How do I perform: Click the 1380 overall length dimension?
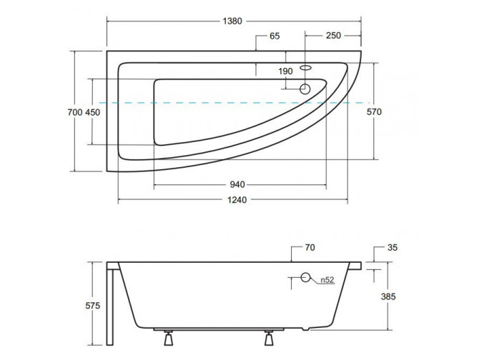click(x=232, y=21)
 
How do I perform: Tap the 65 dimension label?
click(x=275, y=36)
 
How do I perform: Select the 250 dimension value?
click(x=333, y=36)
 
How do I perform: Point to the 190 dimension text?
click(x=285, y=71)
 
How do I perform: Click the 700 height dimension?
click(x=75, y=112)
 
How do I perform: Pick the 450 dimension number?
click(x=92, y=112)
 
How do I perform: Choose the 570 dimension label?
click(x=374, y=112)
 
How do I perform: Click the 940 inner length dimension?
click(x=237, y=184)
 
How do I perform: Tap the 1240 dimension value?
click(x=237, y=200)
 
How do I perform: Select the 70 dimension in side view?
click(x=310, y=247)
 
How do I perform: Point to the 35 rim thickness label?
click(x=392, y=247)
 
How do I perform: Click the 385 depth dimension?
click(x=388, y=296)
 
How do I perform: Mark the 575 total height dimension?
click(x=92, y=306)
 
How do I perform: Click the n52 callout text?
click(x=327, y=280)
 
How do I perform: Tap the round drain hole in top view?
click(x=305, y=89)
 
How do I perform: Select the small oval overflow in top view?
click(x=305, y=67)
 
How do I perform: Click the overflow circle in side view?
click(x=305, y=277)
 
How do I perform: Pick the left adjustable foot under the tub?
click(x=168, y=337)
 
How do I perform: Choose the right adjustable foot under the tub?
click(x=269, y=337)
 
